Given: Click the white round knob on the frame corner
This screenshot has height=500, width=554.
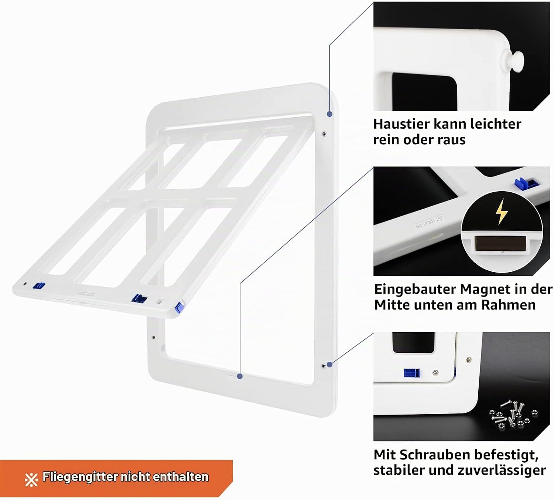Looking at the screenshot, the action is pyautogui.click(x=514, y=61).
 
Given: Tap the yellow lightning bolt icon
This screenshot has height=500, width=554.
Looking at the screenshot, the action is pyautogui.click(x=501, y=212).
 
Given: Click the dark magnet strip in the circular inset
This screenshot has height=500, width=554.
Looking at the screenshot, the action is pyautogui.click(x=500, y=244).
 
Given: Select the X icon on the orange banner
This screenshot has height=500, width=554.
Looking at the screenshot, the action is pyautogui.click(x=31, y=480).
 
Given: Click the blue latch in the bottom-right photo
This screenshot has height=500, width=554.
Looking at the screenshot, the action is pyautogui.click(x=412, y=373).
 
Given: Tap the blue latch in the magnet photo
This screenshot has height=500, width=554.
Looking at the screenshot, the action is pyautogui.click(x=526, y=183).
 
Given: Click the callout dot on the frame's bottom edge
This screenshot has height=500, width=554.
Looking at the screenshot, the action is pyautogui.click(x=240, y=376).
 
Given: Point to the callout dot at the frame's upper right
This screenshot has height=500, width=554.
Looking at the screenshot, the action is pyautogui.click(x=329, y=114).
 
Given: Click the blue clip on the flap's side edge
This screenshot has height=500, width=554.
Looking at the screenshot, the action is pyautogui.click(x=179, y=308).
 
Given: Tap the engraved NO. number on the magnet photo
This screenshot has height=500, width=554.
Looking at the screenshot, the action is pyautogui.click(x=429, y=222).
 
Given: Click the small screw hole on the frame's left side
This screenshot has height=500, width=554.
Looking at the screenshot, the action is pyautogui.click(x=154, y=337).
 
